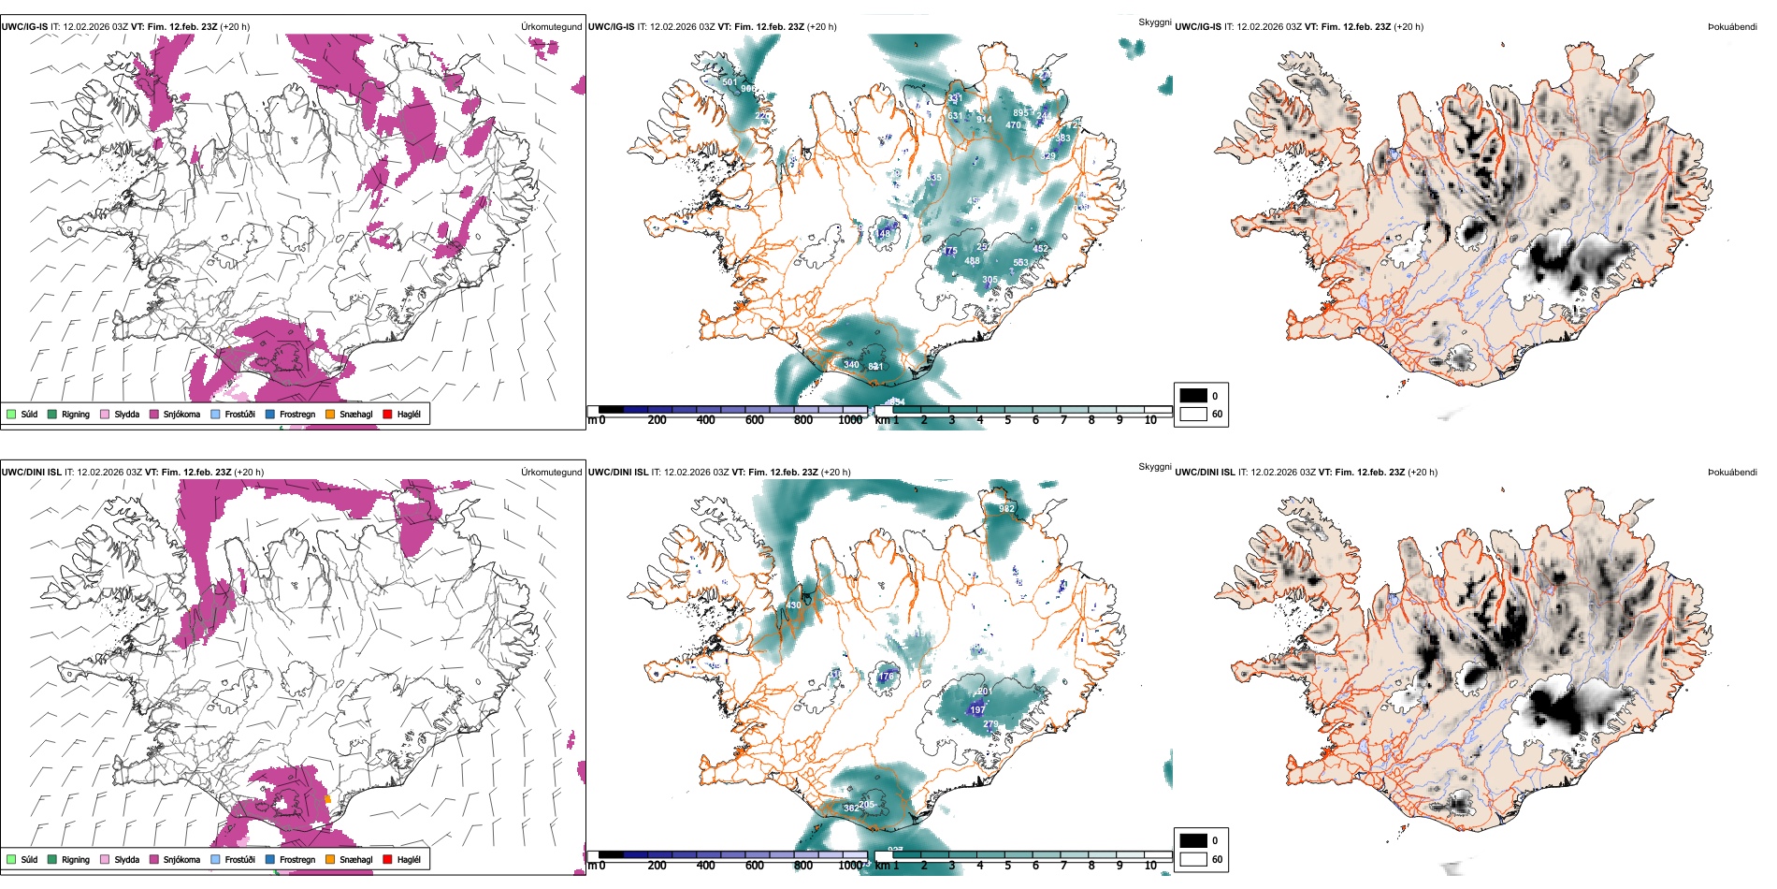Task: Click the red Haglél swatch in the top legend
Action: pos(387,414)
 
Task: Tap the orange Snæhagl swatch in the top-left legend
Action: pos(330,414)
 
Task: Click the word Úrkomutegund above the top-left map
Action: pos(551,26)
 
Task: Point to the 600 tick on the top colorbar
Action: pos(754,420)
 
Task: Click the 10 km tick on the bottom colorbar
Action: pos(1150,866)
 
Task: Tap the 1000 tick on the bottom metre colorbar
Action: pos(850,866)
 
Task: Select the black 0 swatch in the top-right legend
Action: pos(1193,396)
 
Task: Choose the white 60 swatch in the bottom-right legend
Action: pos(1193,859)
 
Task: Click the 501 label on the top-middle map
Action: pos(730,82)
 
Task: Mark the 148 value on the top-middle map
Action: pos(884,234)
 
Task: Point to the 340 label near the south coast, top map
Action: pos(851,365)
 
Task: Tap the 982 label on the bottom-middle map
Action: pos(1006,509)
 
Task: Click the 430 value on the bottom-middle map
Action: pos(793,605)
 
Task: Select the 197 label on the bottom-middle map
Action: pos(977,710)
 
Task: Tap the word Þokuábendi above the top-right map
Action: pos(1732,26)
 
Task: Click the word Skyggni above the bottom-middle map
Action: pos(1154,466)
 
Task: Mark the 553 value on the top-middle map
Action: pos(1020,263)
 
